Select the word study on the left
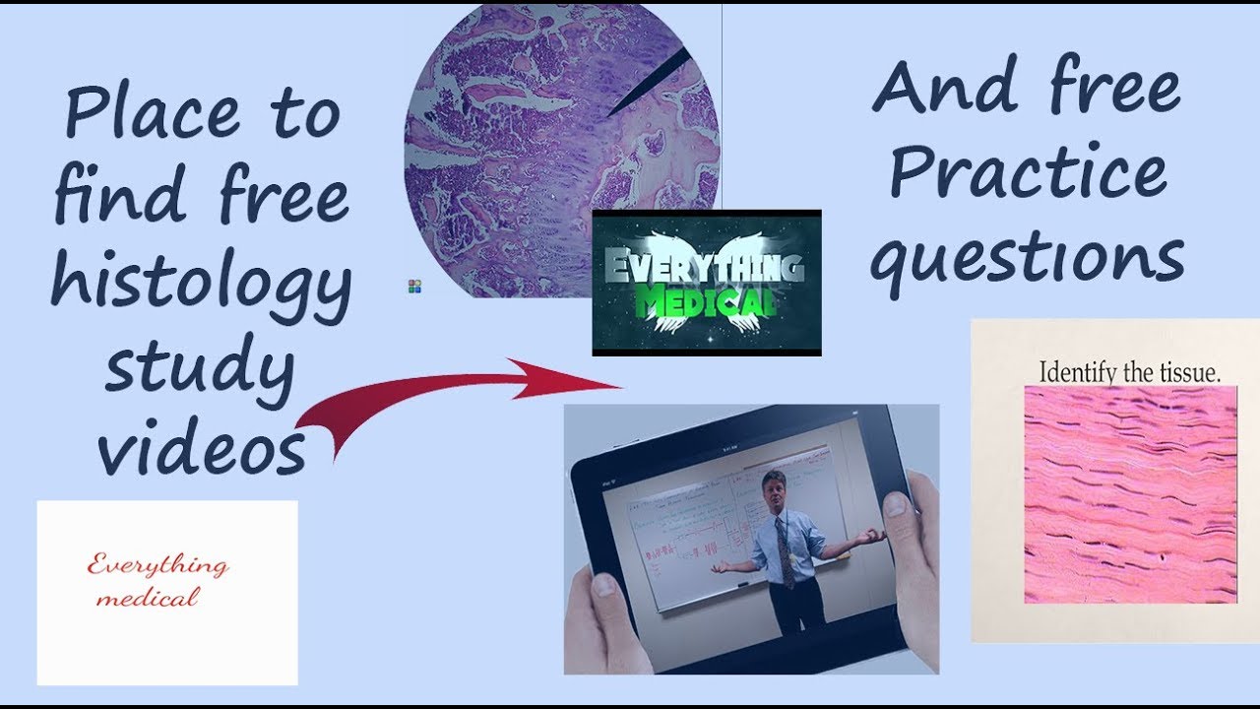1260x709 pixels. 201,366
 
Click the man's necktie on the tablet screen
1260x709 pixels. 786,551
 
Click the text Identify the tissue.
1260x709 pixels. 1129,373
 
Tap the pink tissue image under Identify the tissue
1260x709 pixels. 1129,492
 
